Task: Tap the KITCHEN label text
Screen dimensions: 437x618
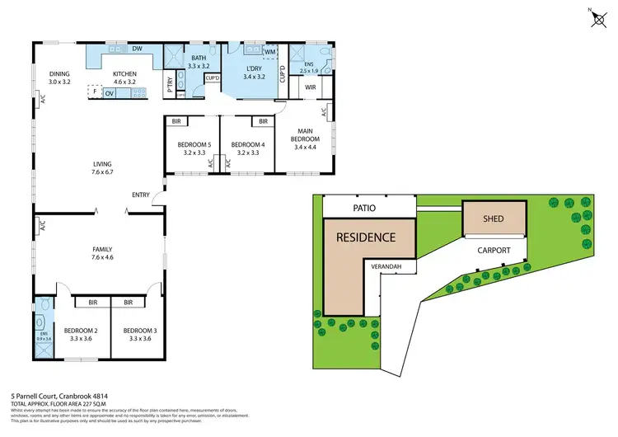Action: click(125, 73)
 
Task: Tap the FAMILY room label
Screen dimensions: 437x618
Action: click(102, 249)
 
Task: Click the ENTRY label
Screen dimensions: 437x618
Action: click(140, 195)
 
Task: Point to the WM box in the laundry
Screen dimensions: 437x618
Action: click(271, 53)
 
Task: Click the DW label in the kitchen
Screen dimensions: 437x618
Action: click(138, 48)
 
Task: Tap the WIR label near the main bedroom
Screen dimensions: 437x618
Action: click(311, 87)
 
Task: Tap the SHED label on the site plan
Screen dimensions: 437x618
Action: click(493, 220)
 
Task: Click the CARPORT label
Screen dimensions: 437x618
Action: click(491, 250)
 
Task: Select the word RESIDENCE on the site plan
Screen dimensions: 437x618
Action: click(366, 237)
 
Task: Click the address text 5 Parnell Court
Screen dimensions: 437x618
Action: click(47, 395)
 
